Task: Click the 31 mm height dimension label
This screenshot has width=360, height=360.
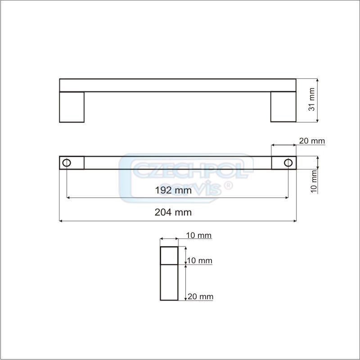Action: (310, 100)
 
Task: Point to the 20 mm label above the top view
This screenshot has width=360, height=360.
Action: (312, 141)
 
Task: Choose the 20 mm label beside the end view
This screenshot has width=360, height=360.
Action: (200, 297)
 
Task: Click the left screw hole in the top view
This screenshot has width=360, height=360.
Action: (67, 162)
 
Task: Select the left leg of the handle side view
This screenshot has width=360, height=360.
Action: (72, 107)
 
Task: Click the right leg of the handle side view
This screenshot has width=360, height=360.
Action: (283, 107)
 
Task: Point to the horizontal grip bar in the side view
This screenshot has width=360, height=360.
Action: (177, 85)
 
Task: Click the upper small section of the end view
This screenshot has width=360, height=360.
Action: (169, 255)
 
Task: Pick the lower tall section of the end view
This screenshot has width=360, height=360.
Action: (169, 282)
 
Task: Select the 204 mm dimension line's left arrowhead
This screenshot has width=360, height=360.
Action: (62, 220)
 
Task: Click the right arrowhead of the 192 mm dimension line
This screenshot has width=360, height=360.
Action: (286, 198)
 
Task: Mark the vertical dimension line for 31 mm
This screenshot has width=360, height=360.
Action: (318, 100)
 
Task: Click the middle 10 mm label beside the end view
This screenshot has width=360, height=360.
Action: (199, 261)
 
